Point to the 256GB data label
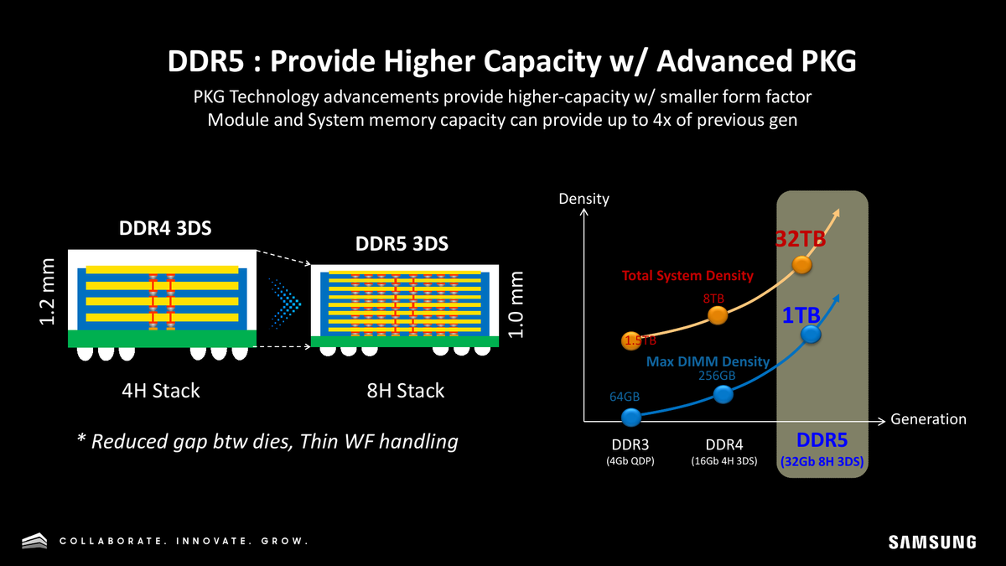[717, 376]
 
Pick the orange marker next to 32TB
[802, 265]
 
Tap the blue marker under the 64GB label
[631, 416]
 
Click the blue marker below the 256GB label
[722, 394]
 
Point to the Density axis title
[583, 200]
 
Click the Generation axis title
[928, 419]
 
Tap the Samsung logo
[932, 542]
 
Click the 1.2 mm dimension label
[48, 293]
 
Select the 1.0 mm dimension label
[517, 304]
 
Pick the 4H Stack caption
[160, 391]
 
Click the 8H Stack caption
[406, 391]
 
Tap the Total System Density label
[687, 275]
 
